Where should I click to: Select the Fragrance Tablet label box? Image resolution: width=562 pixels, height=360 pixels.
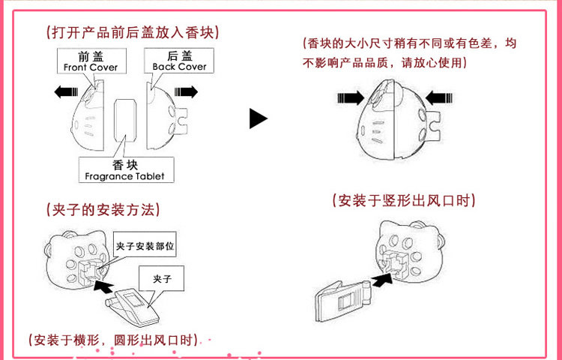point(124,170)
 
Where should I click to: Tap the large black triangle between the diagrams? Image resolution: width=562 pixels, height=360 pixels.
point(259,118)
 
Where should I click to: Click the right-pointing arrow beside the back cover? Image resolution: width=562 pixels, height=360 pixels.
point(186,91)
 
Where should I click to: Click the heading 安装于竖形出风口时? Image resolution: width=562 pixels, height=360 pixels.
point(403,201)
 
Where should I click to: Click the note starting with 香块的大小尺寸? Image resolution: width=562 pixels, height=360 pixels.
point(408,53)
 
